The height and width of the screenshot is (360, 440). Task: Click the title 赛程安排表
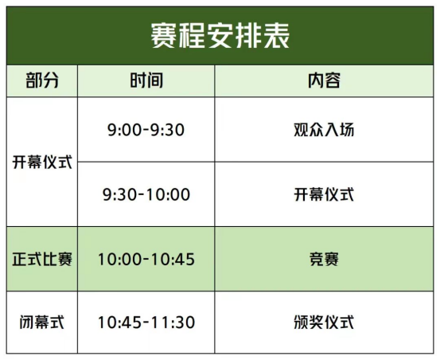[x=220, y=36]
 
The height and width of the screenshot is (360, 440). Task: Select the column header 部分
[x=42, y=80]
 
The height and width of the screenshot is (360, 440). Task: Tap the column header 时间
[x=146, y=80]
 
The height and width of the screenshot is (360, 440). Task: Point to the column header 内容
[x=324, y=80]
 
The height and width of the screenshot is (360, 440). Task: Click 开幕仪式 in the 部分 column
[x=42, y=162]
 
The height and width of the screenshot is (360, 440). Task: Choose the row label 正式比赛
[x=42, y=259]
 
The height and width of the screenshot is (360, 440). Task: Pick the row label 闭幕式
[x=42, y=322]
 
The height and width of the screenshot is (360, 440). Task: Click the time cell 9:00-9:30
[x=146, y=130]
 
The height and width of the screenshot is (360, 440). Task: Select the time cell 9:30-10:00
[x=146, y=194]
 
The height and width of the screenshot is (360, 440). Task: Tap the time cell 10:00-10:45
[x=146, y=259]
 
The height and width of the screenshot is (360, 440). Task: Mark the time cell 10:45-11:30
[x=146, y=322]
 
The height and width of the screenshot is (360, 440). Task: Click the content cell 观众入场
[x=324, y=130]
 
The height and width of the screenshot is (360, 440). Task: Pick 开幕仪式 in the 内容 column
[x=324, y=194]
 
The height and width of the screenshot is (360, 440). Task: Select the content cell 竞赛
[x=324, y=259]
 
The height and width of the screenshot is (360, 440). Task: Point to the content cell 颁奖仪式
[x=324, y=322]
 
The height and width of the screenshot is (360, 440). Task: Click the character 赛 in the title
[x=164, y=36]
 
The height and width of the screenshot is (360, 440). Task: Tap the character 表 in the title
[x=277, y=36]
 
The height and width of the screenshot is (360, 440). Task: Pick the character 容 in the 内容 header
[x=333, y=80]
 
